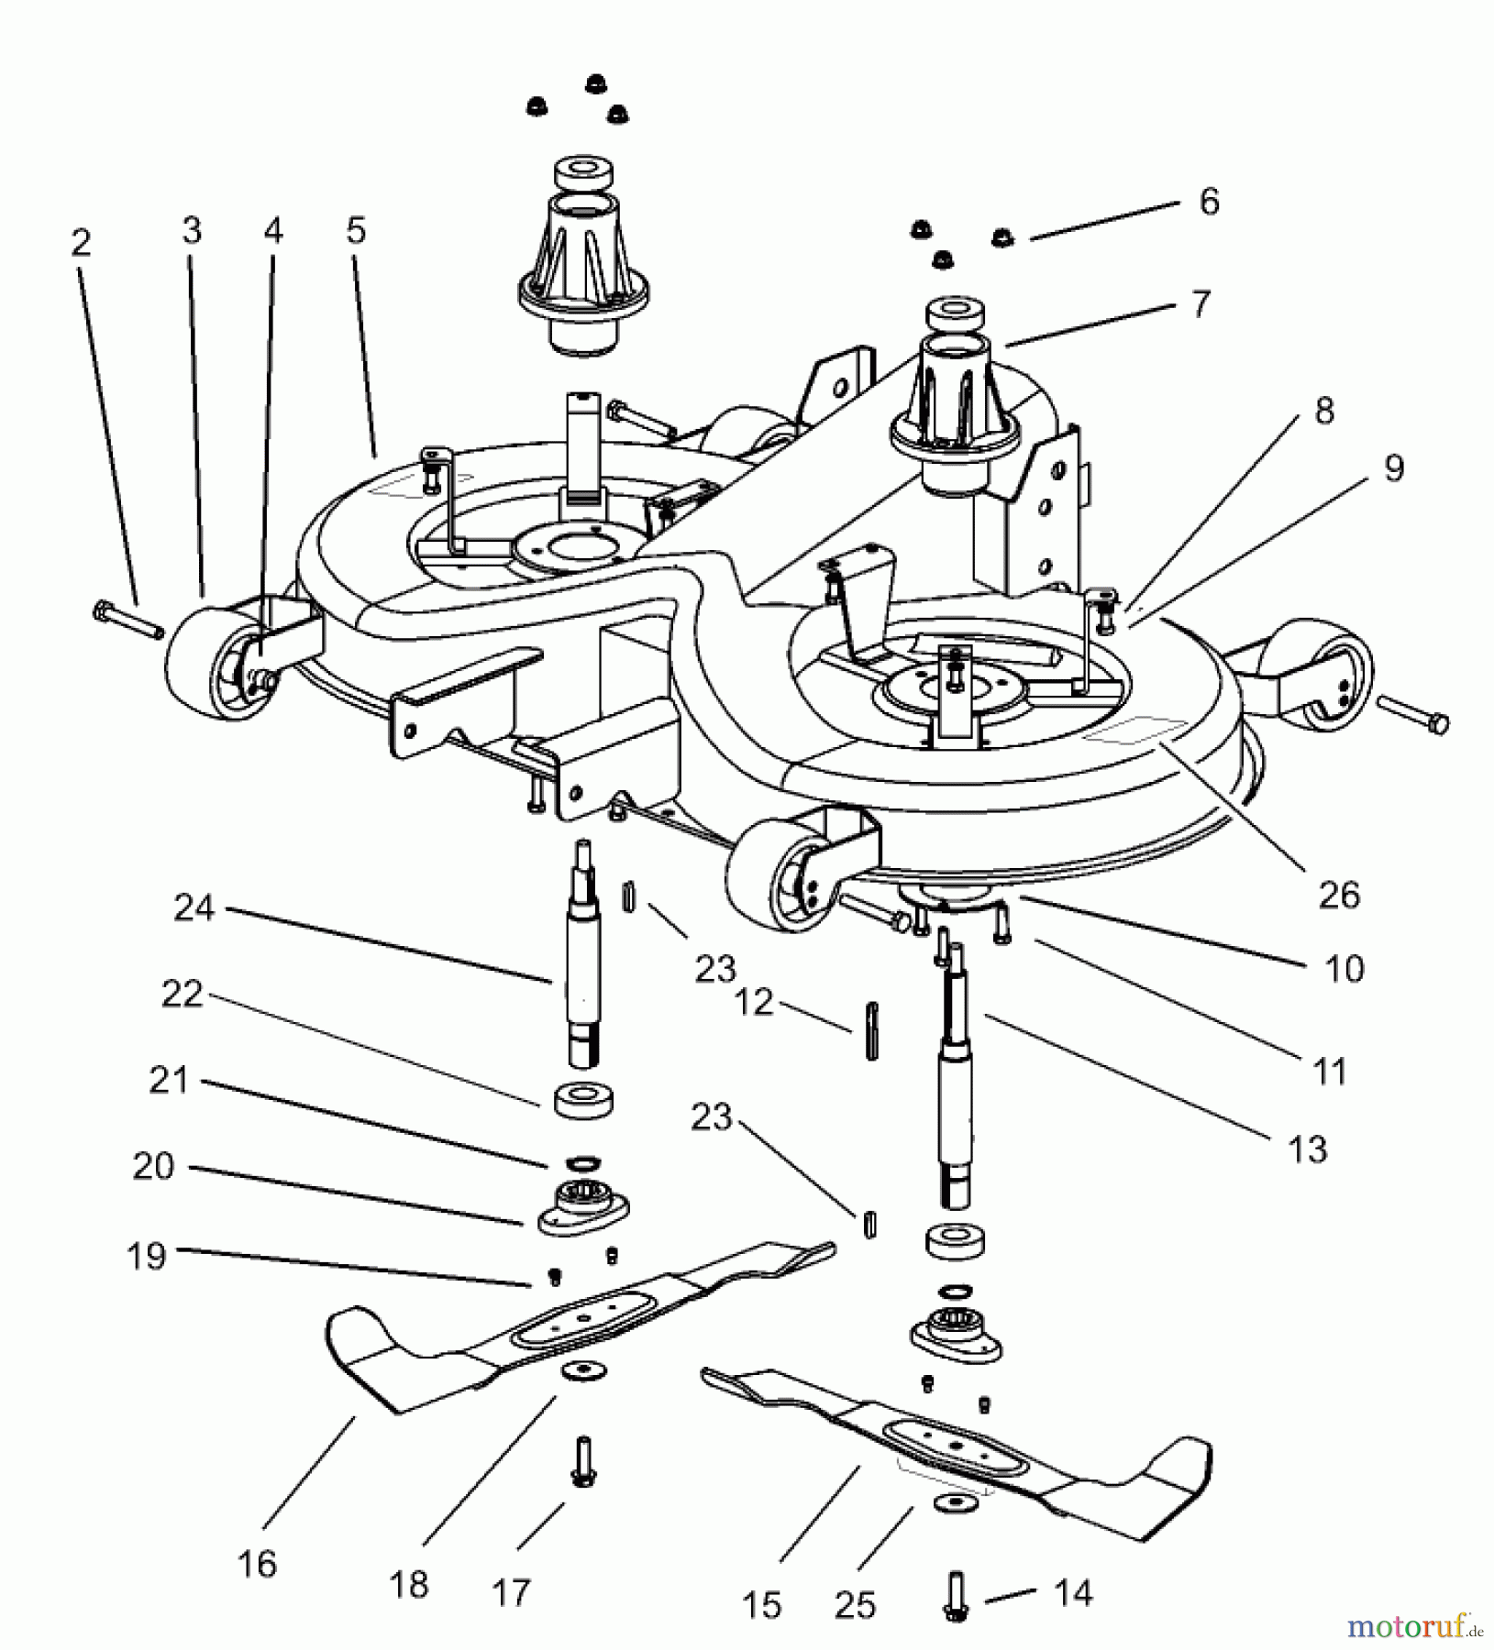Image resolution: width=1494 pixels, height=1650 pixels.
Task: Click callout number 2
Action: (x=81, y=244)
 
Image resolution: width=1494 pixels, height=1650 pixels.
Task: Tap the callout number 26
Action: (x=1338, y=894)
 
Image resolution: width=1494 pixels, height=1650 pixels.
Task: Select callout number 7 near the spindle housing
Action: (x=1200, y=303)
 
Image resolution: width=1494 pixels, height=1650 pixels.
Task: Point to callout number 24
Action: (x=194, y=908)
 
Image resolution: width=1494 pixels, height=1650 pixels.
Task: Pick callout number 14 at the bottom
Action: (x=1073, y=1593)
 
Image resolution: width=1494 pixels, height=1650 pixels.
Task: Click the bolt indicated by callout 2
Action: (x=127, y=619)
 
